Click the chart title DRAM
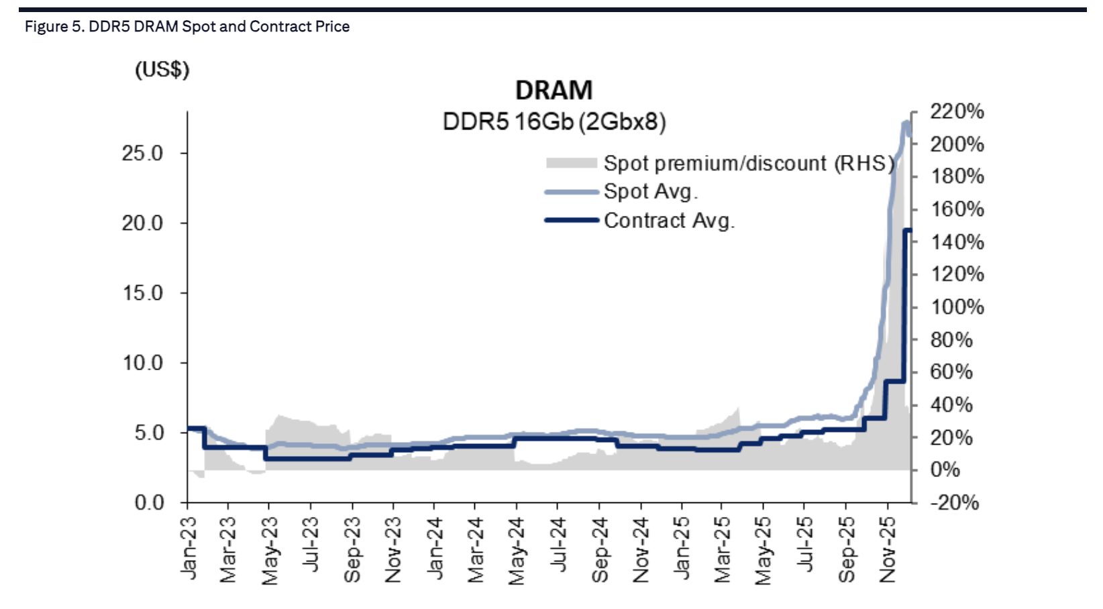coord(554,91)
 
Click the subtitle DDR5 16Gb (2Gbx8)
coord(554,122)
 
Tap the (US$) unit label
coord(162,70)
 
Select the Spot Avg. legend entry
coord(650,192)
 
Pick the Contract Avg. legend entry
coord(668,221)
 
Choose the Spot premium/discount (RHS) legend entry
coord(748,164)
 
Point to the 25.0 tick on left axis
coord(142,154)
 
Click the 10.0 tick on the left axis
coord(142,363)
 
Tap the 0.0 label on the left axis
coord(149,502)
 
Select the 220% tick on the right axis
coord(956,111)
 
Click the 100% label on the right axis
coord(956,307)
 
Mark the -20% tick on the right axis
coord(954,502)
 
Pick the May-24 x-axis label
coord(517,551)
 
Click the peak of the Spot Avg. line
coord(906,123)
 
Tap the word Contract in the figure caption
coord(274,27)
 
